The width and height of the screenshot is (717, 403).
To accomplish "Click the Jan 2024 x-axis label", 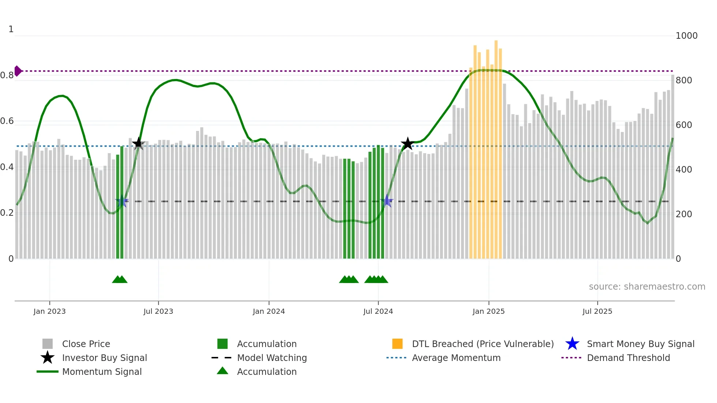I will tap(269, 311).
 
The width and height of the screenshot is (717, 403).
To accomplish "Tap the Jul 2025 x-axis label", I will tap(597, 311).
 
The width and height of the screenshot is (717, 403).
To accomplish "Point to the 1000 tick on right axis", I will tap(686, 36).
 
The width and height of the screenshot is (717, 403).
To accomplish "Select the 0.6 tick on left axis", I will tap(7, 121).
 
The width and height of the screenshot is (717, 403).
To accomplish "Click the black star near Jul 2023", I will tap(138, 144).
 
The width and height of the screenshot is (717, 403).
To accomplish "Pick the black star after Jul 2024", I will tap(407, 144).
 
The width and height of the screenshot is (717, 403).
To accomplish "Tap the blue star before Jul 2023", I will tap(122, 201).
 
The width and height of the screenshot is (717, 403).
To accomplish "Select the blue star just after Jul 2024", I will tap(387, 201).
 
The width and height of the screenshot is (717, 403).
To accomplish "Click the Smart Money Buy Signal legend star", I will tap(572, 344).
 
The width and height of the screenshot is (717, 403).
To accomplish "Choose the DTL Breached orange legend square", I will tap(397, 344).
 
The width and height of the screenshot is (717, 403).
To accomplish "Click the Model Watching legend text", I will tap(272, 358).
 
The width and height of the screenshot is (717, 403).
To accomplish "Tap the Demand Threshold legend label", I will tap(628, 358).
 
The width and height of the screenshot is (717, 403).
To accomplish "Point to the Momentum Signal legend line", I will tap(48, 372).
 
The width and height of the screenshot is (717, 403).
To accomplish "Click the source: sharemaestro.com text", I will tap(647, 287).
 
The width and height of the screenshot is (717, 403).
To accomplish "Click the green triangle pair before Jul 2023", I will tap(120, 279).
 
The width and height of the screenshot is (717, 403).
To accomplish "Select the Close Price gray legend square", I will tap(48, 344).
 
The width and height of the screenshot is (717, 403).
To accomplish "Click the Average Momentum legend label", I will tap(456, 358).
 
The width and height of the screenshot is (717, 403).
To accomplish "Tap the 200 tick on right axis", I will tap(684, 214).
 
